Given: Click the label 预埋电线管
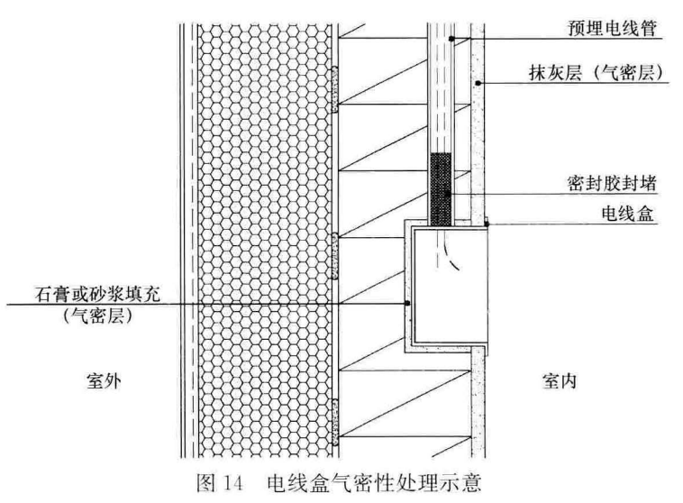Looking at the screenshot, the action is pyautogui.click(x=612, y=28).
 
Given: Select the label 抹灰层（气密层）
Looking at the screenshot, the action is pyautogui.click(x=596, y=72).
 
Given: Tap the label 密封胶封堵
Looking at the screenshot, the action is pyautogui.click(x=612, y=184).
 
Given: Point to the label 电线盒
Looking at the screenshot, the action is pyautogui.click(x=628, y=214).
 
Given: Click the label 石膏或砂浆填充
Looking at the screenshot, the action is pyautogui.click(x=98, y=294).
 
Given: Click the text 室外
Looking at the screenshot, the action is pyautogui.click(x=104, y=381).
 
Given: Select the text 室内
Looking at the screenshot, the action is pyautogui.click(x=560, y=381).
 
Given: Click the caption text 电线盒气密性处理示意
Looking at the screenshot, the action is pyautogui.click(x=375, y=483).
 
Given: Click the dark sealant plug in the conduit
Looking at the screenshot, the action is pyautogui.click(x=441, y=188).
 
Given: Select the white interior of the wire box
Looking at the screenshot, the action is pyautogui.click(x=450, y=286).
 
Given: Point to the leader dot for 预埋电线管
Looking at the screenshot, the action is pyautogui.click(x=451, y=39).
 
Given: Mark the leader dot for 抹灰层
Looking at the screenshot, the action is pyautogui.click(x=478, y=83).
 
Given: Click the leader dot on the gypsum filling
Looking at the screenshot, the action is pyautogui.click(x=407, y=304).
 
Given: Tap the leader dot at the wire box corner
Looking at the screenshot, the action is pyautogui.click(x=487, y=224).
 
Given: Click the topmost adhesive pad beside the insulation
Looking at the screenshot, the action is pyautogui.click(x=334, y=89).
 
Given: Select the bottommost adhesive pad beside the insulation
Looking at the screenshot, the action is pyautogui.click(x=334, y=422).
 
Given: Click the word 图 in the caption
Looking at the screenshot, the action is pyautogui.click(x=206, y=483).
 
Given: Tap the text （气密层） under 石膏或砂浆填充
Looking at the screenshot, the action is pyautogui.click(x=97, y=316).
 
